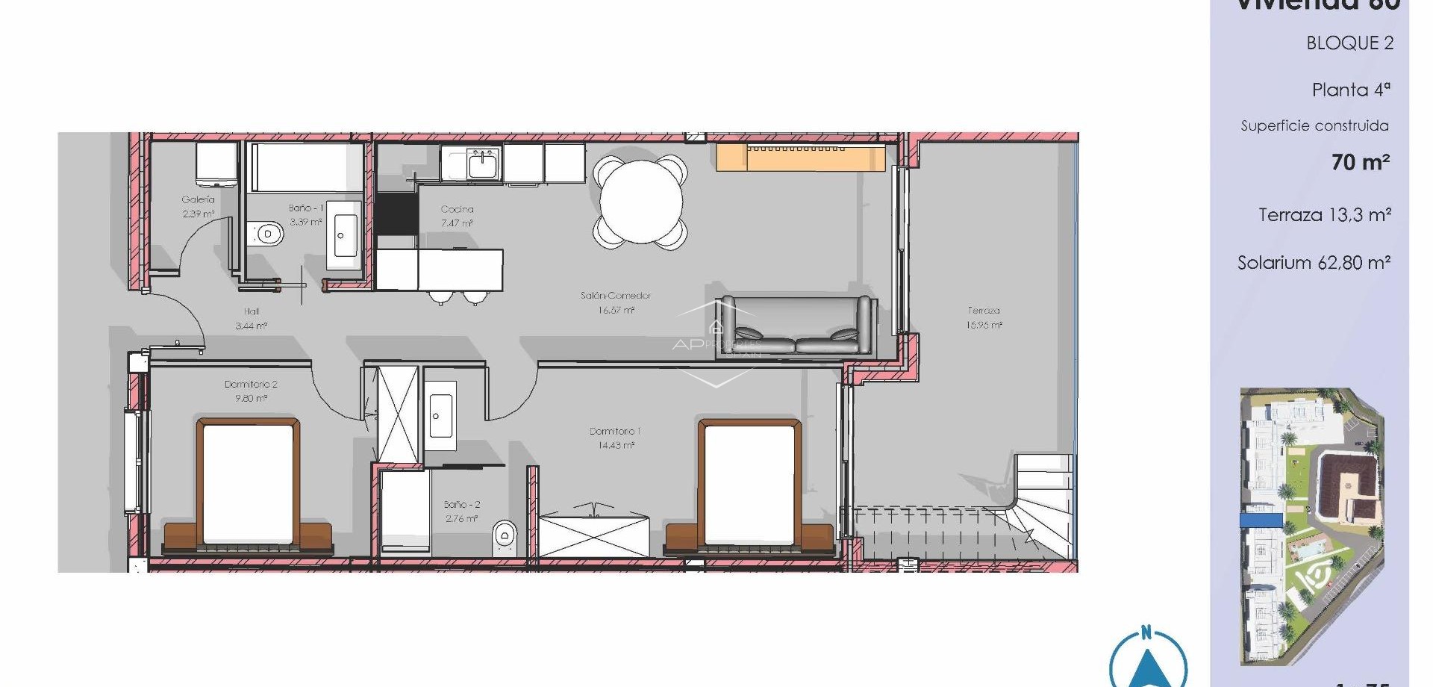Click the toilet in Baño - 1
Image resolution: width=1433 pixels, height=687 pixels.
click(267, 234)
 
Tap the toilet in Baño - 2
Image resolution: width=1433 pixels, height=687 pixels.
click(505, 535)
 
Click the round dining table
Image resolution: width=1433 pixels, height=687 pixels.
click(641, 201)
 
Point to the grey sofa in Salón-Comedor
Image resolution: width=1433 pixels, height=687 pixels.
click(796, 326)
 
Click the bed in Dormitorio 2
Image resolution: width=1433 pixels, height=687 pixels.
click(249, 483)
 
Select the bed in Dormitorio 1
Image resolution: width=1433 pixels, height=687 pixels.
click(749, 483)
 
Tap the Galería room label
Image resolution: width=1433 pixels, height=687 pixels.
click(199, 200)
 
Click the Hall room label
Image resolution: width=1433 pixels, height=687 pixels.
click(252, 311)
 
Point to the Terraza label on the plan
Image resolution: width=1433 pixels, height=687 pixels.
click(984, 311)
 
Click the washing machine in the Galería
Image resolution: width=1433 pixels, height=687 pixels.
click(216, 164)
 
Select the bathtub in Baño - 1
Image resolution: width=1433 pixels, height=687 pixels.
click(306, 167)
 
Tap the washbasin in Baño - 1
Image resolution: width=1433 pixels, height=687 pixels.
click(344, 236)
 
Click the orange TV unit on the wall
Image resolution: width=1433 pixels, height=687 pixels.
click(801, 158)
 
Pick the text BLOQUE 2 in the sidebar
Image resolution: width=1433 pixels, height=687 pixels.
click(1349, 43)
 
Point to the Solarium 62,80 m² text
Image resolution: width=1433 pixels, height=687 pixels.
click(1314, 263)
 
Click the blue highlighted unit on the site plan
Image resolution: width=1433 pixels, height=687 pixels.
click(1261, 520)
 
